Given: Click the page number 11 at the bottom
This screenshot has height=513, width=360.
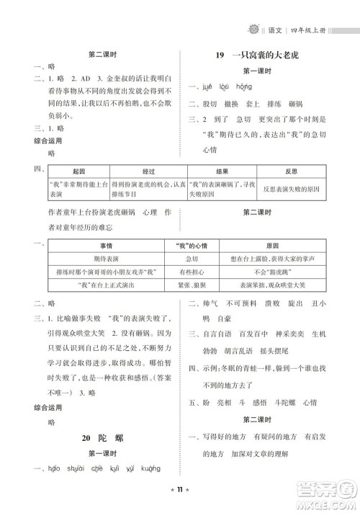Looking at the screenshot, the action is click(180, 497).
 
